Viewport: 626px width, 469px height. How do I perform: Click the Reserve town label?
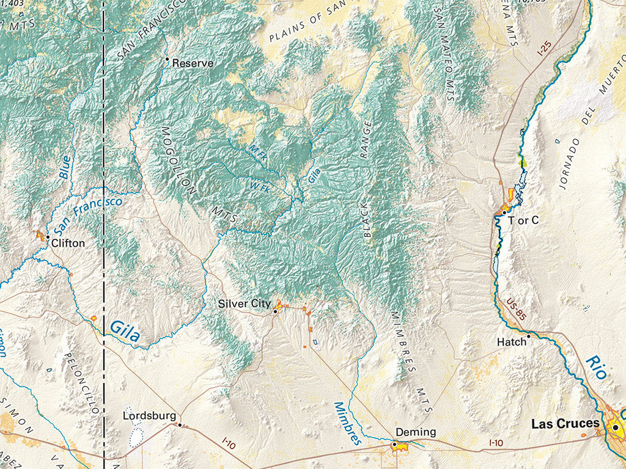(193, 63)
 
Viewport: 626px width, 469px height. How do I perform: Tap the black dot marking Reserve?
(167, 59)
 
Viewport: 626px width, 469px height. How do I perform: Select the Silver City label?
(244, 304)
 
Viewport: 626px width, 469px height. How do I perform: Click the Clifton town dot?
(48, 237)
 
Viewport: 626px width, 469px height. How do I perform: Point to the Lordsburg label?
(149, 416)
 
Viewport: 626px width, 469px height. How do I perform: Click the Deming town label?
(416, 432)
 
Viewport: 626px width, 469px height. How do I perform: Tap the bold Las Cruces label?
(565, 423)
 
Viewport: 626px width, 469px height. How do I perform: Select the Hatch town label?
(511, 342)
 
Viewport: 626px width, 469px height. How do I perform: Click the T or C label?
(524, 220)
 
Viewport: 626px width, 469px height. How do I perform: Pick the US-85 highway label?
(515, 309)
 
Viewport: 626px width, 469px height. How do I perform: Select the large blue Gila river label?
(125, 331)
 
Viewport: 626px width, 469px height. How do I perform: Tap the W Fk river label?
(260, 184)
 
